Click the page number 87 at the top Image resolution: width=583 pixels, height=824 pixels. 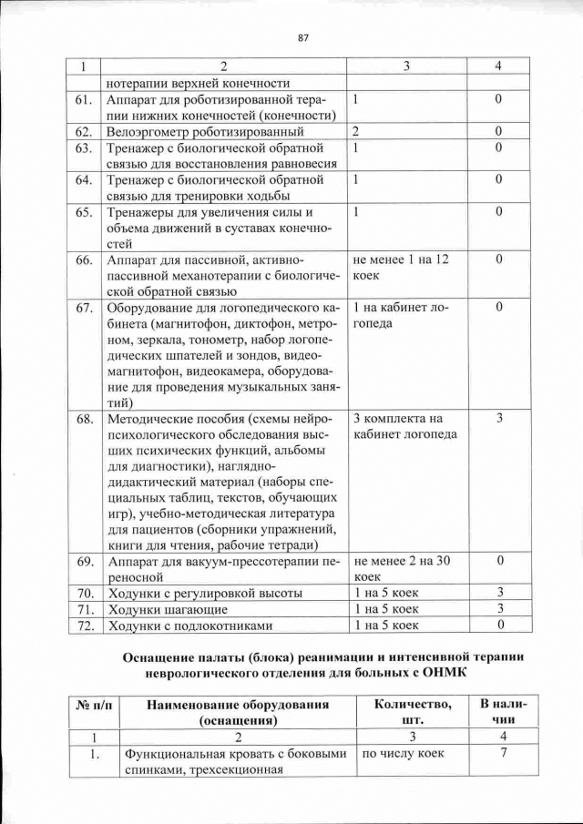tap(303, 37)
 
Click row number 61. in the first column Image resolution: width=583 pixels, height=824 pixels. tap(87, 98)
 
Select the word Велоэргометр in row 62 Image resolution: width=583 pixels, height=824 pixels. tap(151, 132)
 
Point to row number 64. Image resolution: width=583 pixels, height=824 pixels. tap(87, 180)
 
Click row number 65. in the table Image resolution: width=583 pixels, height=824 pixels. tap(87, 213)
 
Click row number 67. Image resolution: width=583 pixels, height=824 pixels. tap(87, 309)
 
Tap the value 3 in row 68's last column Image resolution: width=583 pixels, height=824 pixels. tap(498, 419)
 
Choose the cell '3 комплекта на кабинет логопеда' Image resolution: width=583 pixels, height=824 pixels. tap(404, 426)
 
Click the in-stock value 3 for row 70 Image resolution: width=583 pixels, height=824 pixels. tap(499, 594)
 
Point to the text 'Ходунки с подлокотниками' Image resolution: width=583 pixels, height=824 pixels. tap(190, 626)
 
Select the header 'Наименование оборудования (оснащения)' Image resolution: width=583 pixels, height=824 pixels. tap(237, 712)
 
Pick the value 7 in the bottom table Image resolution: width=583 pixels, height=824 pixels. tap(504, 754)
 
